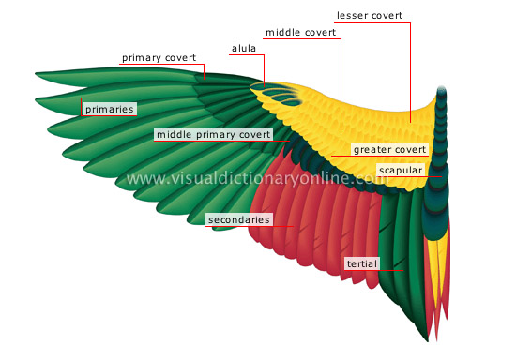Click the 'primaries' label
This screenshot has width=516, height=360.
pyautogui.click(x=109, y=110)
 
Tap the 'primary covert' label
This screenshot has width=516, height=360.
pyautogui.click(x=158, y=58)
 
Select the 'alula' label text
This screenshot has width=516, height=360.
pyautogui.click(x=244, y=47)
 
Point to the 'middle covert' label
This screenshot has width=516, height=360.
pyautogui.click(x=300, y=32)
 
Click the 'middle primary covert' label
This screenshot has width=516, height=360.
pyautogui.click(x=214, y=135)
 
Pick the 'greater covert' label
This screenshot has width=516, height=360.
pyautogui.click(x=390, y=149)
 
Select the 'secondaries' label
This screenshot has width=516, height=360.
pyautogui.click(x=239, y=220)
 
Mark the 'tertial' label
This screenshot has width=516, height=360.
pyautogui.click(x=361, y=264)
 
